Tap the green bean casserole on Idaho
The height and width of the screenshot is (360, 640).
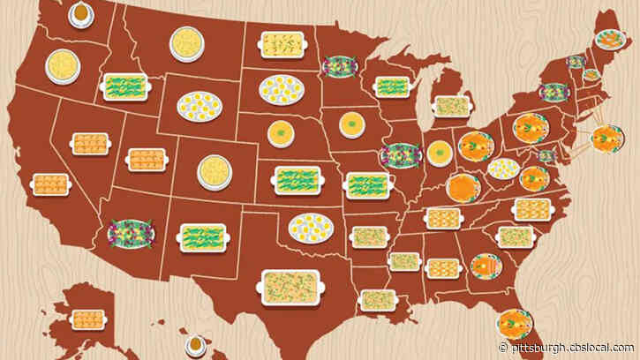click(125, 86)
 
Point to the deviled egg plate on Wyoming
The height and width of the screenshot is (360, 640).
click(200, 107)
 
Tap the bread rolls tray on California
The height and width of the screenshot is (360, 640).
click(49, 184)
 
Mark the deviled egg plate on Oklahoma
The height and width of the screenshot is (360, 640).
click(311, 227)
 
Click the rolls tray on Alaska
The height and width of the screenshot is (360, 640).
click(87, 319)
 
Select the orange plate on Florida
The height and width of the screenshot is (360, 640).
click(514, 321)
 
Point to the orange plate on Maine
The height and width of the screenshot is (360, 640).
click(608, 40)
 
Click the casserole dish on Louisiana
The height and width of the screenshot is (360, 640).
click(378, 300)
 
